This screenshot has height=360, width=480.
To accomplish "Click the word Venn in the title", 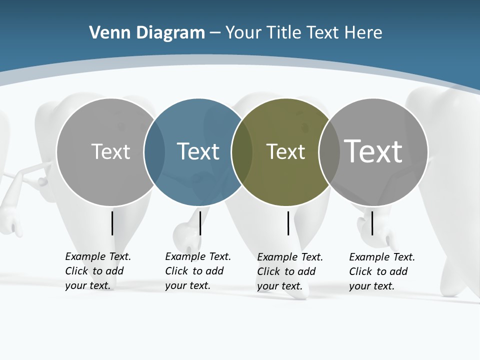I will pyautogui.click(x=106, y=33).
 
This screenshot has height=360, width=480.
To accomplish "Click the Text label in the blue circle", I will pyautogui.click(x=198, y=151).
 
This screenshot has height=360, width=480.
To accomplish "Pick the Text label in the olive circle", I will pyautogui.click(x=285, y=151).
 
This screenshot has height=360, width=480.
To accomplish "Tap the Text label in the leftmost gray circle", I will pyautogui.click(x=110, y=151).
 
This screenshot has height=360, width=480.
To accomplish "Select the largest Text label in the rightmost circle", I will pyautogui.click(x=373, y=151).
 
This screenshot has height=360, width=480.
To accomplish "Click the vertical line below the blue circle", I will pyautogui.click(x=200, y=223).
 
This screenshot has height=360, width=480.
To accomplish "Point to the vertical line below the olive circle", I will pyautogui.click(x=288, y=223).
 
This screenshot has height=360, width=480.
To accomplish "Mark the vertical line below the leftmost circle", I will pyautogui.click(x=112, y=223).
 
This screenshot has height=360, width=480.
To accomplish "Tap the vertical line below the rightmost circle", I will pyautogui.click(x=372, y=223).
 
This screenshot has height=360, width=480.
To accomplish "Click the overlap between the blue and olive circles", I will pyautogui.click(x=242, y=152).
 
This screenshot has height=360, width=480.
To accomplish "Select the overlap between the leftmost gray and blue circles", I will pyautogui.click(x=154, y=152).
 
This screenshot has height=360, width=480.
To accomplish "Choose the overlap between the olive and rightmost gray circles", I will pyautogui.click(x=329, y=152).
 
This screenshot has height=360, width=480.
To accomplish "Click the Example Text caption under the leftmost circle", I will pyautogui.click(x=97, y=271).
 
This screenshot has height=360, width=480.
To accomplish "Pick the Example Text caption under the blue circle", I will pyautogui.click(x=197, y=271).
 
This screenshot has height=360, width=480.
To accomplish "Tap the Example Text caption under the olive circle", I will pyautogui.click(x=289, y=271).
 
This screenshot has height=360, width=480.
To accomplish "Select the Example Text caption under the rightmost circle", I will pyautogui.click(x=381, y=271).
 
